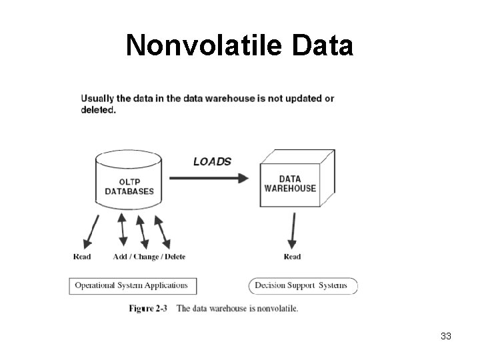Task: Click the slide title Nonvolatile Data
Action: pos(239,46)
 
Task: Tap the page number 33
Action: pos(446,336)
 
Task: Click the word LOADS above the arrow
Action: pos(212,161)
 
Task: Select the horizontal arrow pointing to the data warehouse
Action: pos(208,178)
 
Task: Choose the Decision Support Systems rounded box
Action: pos(303,286)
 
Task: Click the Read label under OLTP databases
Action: pos(81,257)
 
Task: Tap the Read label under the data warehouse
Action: pos(292,257)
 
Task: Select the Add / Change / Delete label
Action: pos(149,257)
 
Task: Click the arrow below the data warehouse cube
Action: pos(291,231)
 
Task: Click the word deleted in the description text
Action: pos(98,111)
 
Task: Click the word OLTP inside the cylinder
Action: pos(129,181)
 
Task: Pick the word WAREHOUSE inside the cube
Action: pos(290,189)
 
